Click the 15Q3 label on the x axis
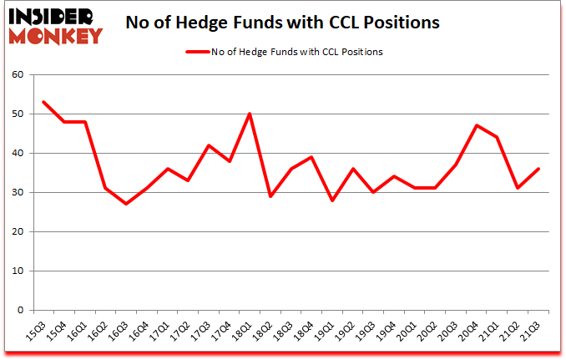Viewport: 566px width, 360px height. click(x=36, y=331)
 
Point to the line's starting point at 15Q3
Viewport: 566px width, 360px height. click(x=43, y=102)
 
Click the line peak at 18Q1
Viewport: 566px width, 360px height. click(x=249, y=114)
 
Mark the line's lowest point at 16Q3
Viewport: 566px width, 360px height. click(x=126, y=204)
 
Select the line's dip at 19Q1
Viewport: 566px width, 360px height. click(x=331, y=200)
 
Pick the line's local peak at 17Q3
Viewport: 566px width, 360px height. click(x=208, y=145)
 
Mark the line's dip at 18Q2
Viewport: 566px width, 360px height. click(x=270, y=196)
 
